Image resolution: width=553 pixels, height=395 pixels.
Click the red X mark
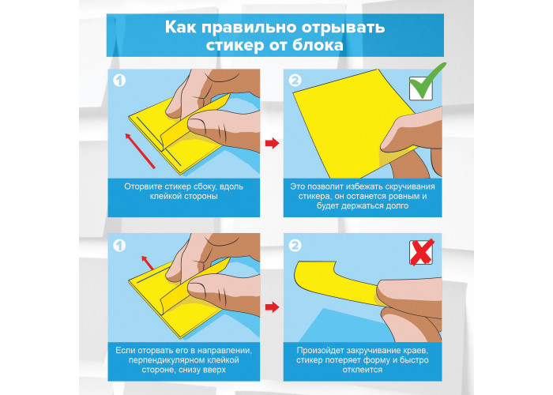point(422,252)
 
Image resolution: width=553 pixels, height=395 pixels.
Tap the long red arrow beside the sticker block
point(140,151)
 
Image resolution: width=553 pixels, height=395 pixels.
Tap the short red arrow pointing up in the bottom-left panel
point(147,263)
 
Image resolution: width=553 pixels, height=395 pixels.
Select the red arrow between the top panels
point(273,143)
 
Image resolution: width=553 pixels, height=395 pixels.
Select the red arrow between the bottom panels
point(273,307)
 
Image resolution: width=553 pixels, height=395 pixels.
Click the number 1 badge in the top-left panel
point(119,81)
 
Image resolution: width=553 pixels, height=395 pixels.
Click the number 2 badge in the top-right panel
point(295,81)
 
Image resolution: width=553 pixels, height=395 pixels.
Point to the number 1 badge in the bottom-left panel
point(119,246)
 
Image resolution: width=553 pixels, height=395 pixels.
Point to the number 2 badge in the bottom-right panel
point(295,246)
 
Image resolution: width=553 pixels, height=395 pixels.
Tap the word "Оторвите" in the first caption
point(141,186)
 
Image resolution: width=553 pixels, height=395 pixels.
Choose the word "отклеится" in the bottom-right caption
point(363,370)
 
